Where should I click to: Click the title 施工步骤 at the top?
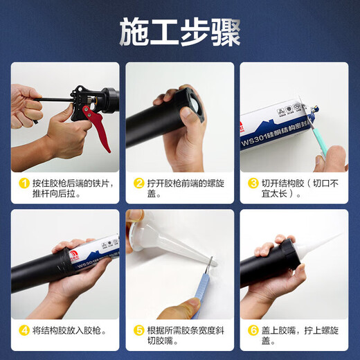point(180,30)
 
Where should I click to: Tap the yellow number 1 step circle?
point(24,183)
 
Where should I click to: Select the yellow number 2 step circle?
point(138,183)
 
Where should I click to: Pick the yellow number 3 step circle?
point(253,183)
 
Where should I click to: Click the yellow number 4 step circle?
point(24,331)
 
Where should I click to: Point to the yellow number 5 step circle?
point(138,331)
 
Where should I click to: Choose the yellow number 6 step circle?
point(253,331)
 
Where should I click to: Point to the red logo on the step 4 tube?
point(64,255)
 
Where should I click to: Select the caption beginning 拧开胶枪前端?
point(179,189)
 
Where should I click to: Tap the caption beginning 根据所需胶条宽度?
point(179,336)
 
